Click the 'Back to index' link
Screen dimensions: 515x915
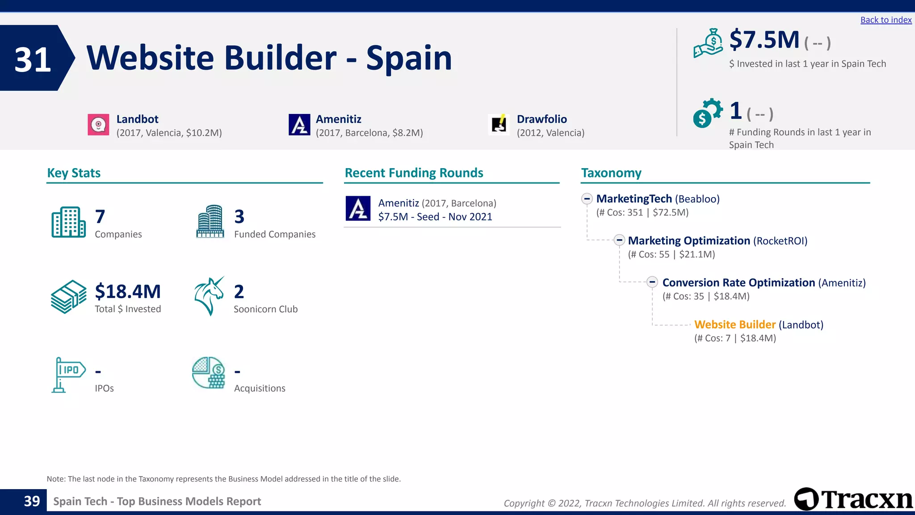tap(886, 20)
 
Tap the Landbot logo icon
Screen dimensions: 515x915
tap(98, 125)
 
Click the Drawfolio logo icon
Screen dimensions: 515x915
tap(499, 125)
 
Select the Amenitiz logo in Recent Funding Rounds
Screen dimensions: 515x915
tap(358, 208)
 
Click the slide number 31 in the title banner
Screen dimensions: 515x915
tap(33, 59)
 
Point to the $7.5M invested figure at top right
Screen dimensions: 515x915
tap(764, 40)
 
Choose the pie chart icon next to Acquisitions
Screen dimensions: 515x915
tap(209, 373)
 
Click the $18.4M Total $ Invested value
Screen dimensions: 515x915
tap(128, 291)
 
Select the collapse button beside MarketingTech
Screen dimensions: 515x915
tap(587, 199)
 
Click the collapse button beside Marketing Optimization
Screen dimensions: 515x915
tap(619, 241)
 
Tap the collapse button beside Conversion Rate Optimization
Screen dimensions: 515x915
tap(652, 282)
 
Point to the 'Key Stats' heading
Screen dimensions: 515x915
tap(74, 173)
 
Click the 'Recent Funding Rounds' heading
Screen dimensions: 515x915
tap(414, 173)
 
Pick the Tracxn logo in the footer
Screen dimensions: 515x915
tap(853, 499)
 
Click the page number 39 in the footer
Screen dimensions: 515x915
tap(32, 501)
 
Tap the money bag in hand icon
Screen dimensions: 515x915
tap(708, 43)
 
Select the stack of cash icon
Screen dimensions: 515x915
tap(68, 297)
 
